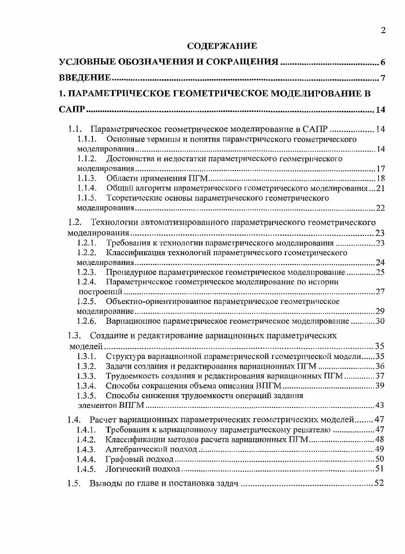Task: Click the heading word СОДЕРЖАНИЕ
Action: [x=222, y=46]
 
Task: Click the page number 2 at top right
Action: [x=383, y=31]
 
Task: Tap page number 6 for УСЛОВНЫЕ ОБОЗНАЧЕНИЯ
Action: [x=382, y=63]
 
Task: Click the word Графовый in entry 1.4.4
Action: [x=123, y=459]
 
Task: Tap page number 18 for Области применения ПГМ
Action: [x=380, y=178]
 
